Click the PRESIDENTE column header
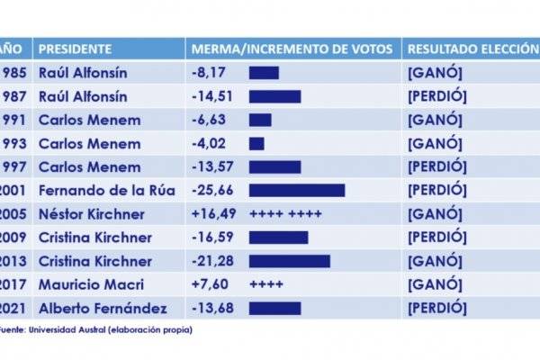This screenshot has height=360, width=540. click(x=76, y=49)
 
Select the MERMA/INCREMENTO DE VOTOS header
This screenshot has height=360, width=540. click(x=292, y=49)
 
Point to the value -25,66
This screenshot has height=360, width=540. click(x=212, y=190)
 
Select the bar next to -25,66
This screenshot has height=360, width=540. click(x=297, y=190)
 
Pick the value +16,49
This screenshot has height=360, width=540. click(x=214, y=213)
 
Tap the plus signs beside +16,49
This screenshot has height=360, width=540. click(x=285, y=213)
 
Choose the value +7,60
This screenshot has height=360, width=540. click(x=211, y=284)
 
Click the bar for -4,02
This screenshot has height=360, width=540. click(x=256, y=143)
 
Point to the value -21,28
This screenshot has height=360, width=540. click(x=212, y=261)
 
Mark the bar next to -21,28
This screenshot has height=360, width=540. click(x=289, y=261)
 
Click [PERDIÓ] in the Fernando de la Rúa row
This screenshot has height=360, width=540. click(x=437, y=190)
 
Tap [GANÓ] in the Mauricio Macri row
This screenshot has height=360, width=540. click(x=435, y=284)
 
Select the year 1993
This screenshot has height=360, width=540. click(x=14, y=143)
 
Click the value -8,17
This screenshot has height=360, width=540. click(x=209, y=73)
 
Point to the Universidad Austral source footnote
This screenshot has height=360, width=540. click(x=99, y=329)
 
